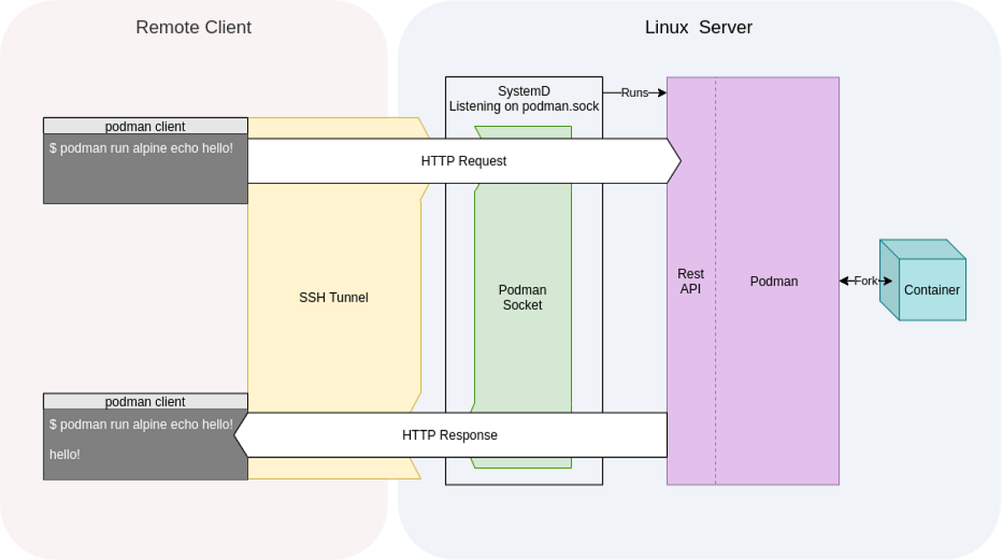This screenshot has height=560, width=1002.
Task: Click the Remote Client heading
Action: pyautogui.click(x=193, y=28)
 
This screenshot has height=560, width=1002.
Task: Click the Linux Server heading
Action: pyautogui.click(x=698, y=28)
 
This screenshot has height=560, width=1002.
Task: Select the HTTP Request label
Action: pyautogui.click(x=463, y=161)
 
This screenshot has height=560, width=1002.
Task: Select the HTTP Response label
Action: pyautogui.click(x=449, y=435)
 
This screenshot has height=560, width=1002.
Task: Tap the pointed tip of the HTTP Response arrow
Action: pyautogui.click(x=236, y=435)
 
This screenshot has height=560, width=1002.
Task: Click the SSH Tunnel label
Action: pyautogui.click(x=333, y=297)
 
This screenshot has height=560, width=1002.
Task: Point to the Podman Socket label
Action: pyautogui.click(x=523, y=297)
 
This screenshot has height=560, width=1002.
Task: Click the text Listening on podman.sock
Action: pyautogui.click(x=524, y=106)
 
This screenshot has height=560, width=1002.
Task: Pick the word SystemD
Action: pyautogui.click(x=524, y=91)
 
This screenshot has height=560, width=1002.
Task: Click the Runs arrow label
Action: pyautogui.click(x=635, y=93)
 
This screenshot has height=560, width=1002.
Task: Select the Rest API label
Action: pyautogui.click(x=691, y=281)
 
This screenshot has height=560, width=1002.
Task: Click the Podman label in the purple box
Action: pyautogui.click(x=773, y=281)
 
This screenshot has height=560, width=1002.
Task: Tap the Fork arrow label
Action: pyautogui.click(x=866, y=281)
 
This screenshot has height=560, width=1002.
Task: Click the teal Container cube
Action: pyautogui.click(x=931, y=289)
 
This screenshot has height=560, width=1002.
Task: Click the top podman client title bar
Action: pyautogui.click(x=145, y=126)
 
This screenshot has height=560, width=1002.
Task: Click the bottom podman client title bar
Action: pyautogui.click(x=145, y=401)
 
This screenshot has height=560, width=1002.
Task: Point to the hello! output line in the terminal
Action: pyautogui.click(x=65, y=455)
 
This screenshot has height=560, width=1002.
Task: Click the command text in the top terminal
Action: pyautogui.click(x=141, y=149)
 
